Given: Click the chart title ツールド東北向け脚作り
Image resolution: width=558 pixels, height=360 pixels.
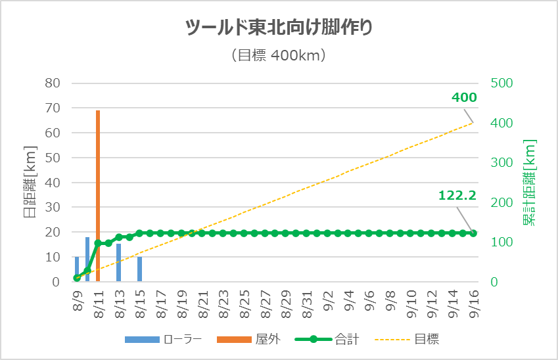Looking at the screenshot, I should coord(279,28).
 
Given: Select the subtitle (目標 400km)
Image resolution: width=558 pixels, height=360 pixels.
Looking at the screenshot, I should coord(279,56).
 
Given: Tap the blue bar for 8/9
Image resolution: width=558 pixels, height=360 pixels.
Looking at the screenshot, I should coord(77,269).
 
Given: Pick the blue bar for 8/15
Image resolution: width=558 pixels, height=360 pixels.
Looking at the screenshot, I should coord(139,269).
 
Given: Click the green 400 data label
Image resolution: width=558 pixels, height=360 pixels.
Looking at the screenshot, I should coord(464,98).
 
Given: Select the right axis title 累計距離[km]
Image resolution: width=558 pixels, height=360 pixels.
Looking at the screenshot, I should coord(530,183).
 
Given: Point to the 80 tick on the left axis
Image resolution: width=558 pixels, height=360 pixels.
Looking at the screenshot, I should coord(53,83).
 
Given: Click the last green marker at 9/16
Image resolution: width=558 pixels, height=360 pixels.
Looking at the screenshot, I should coord(473,233).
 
